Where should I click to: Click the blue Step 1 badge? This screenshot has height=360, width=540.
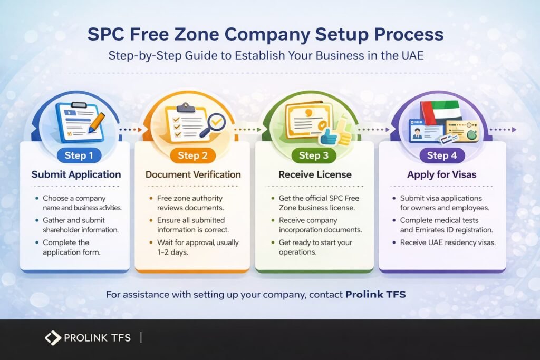pyautogui.click(x=75, y=155)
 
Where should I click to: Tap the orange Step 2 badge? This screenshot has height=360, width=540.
pyautogui.click(x=192, y=155)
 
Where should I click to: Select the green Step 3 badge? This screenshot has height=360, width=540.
pyautogui.click(x=313, y=155)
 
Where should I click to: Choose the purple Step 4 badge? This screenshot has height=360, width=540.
pyautogui.click(x=441, y=155)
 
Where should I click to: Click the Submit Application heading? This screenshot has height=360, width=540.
pyautogui.click(x=76, y=174)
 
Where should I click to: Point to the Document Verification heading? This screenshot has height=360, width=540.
pyautogui.click(x=193, y=174)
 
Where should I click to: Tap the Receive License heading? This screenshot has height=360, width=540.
pyautogui.click(x=314, y=174)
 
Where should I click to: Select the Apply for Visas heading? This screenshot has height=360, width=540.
pyautogui.click(x=442, y=174)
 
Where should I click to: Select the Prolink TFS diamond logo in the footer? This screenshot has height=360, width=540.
pyautogui.click(x=53, y=338)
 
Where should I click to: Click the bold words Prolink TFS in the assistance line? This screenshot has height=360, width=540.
pyautogui.click(x=375, y=295)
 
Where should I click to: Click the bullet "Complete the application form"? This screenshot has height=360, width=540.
pyautogui.click(x=73, y=247)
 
